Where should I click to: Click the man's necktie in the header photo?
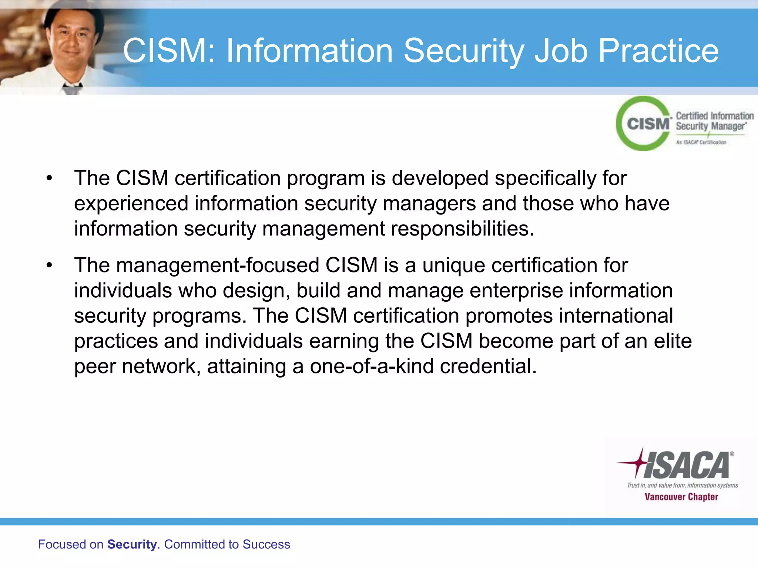(x=72, y=88)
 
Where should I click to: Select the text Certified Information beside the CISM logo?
(x=714, y=116)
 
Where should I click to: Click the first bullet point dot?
(x=49, y=179)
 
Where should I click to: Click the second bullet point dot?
(x=49, y=266)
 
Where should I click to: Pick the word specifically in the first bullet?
(x=545, y=179)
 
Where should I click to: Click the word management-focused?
(x=218, y=266)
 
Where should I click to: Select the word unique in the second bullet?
(x=454, y=266)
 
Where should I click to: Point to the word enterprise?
(x=516, y=291)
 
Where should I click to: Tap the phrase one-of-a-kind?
(x=372, y=366)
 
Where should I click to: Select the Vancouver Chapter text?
(x=681, y=497)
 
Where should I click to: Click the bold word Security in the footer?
(x=132, y=544)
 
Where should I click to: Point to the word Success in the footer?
(x=266, y=544)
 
